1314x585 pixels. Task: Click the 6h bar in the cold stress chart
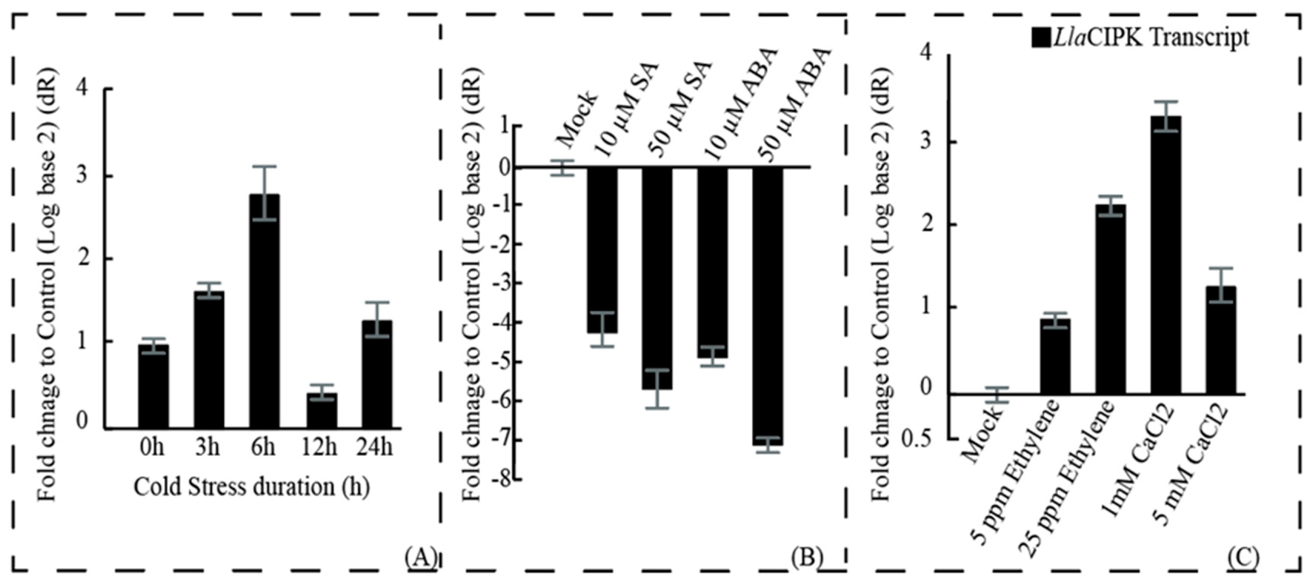[265, 311]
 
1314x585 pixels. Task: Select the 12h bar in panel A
[321, 411]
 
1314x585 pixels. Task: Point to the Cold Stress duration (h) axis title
[252, 486]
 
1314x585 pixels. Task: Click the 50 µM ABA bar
[768, 306]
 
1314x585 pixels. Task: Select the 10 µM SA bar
[602, 250]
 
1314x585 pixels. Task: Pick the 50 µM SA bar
[657, 278]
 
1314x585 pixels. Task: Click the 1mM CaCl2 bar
[1166, 255]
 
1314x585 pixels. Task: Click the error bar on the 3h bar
[208, 290]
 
